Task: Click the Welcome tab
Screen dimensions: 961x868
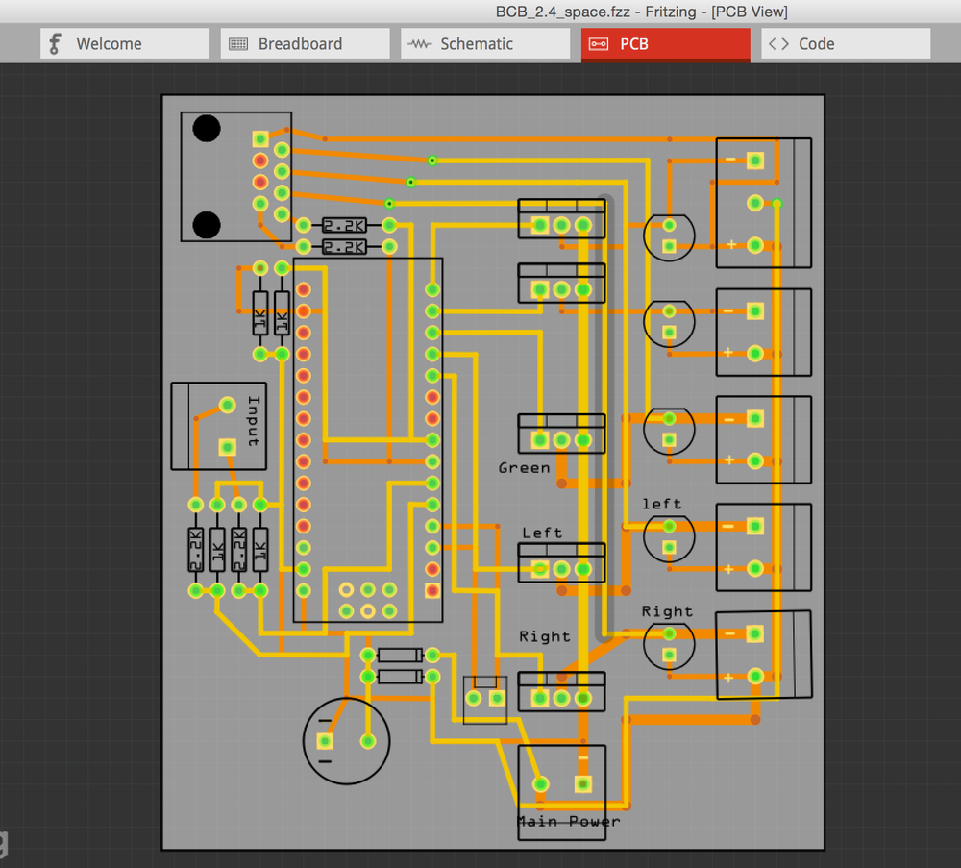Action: coord(125,43)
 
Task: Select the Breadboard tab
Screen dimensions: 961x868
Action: coord(306,43)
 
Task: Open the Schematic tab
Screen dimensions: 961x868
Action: coord(485,43)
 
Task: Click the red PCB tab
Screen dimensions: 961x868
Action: coord(666,44)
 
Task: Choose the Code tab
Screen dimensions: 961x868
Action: coord(846,43)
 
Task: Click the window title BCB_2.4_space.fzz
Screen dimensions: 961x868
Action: coord(562,12)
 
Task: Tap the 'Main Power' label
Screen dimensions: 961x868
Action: coord(569,822)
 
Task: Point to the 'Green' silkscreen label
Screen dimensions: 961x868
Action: coord(524,468)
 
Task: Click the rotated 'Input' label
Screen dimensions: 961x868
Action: coord(254,420)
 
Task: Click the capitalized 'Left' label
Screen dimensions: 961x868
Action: coord(542,533)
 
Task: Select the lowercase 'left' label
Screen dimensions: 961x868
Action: coord(661,504)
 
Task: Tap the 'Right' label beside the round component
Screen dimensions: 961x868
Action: coord(667,611)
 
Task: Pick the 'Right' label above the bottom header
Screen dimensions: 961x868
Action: coord(544,636)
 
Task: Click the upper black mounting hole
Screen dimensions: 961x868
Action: coord(207,128)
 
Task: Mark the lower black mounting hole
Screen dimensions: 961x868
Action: coord(207,225)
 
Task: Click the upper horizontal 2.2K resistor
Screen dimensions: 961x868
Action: coord(344,225)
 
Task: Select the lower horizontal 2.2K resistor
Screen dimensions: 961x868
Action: coord(344,246)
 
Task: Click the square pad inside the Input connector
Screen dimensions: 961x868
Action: coord(228,447)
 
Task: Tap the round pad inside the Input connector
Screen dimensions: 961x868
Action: coord(228,405)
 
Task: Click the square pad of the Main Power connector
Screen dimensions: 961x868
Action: coord(583,784)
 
